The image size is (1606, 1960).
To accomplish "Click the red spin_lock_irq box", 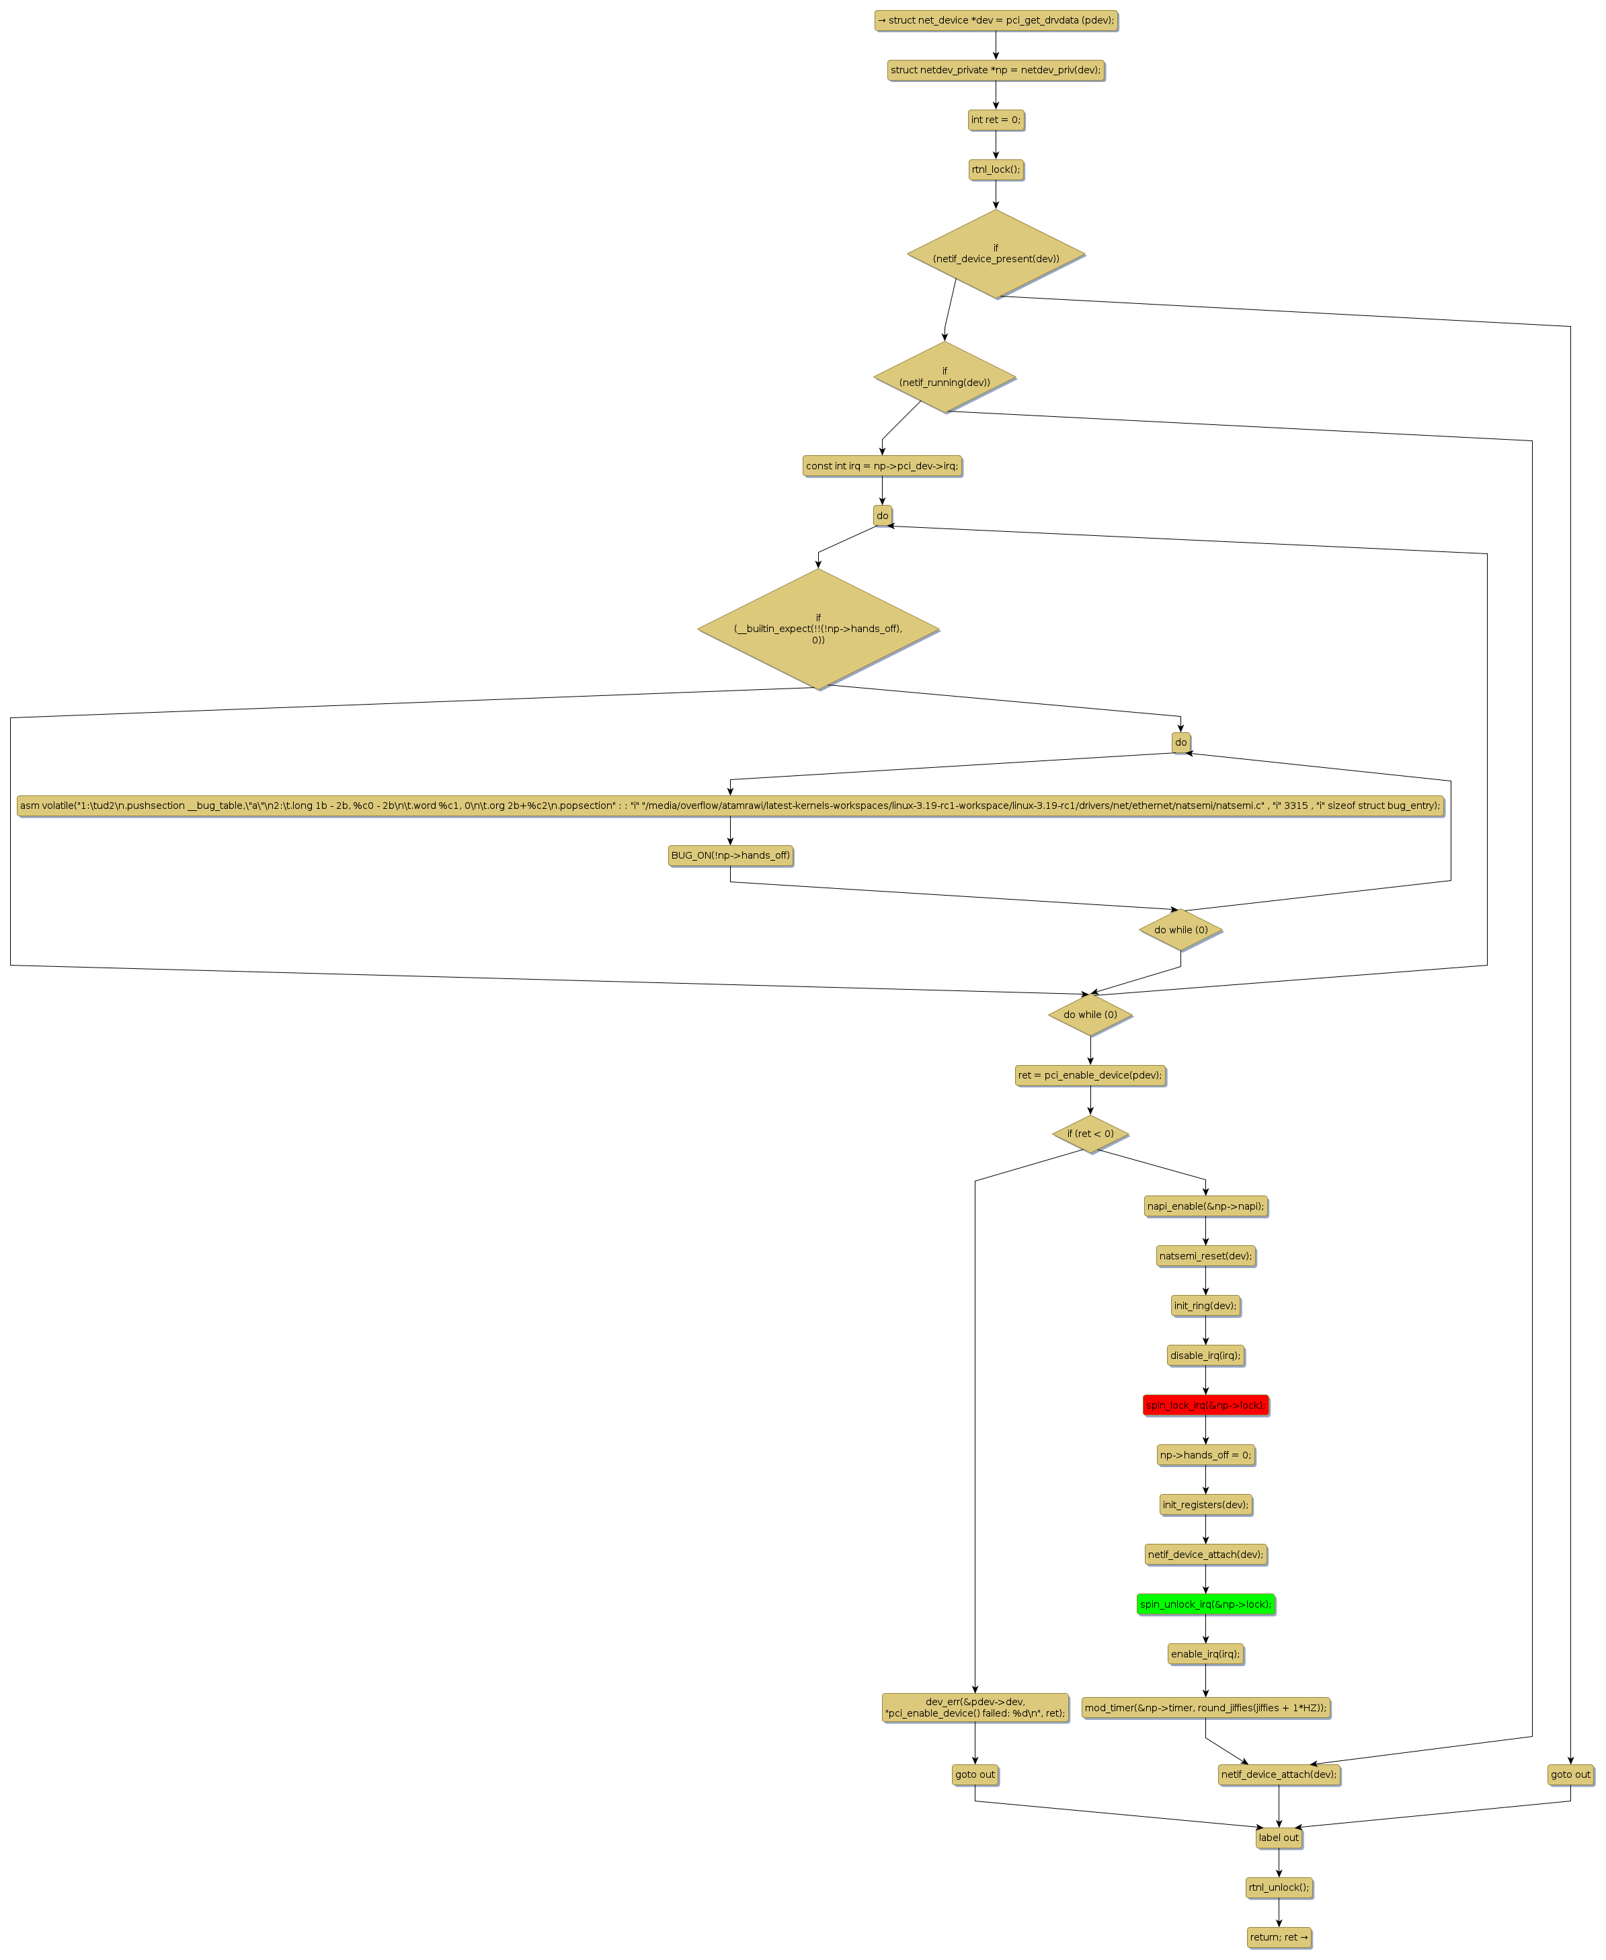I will pos(1205,1405).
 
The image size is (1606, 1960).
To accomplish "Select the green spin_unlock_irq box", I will pos(1205,1604).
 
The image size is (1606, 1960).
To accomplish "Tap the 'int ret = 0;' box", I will pos(996,120).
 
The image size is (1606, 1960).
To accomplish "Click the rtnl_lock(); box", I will pos(996,169).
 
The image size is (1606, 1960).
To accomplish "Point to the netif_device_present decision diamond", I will pos(996,253).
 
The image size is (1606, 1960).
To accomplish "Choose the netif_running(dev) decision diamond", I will pos(944,377).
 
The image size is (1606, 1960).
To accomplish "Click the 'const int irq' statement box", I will pos(881,465).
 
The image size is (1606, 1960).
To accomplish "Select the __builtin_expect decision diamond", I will pos(818,629).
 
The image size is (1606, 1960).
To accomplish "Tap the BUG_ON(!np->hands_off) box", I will pos(730,855).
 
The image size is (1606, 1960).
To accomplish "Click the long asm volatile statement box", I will pos(730,805).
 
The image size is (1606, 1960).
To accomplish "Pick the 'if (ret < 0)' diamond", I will pos(1090,1134).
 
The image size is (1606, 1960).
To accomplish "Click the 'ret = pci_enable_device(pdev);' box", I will pos(1090,1074).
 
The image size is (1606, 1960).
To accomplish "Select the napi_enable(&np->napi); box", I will pos(1205,1206).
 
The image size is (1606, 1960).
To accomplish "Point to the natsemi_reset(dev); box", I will pos(1205,1256).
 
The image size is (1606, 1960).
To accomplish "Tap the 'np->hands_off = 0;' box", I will pos(1205,1455).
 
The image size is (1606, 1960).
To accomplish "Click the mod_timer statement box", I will pos(1205,1707).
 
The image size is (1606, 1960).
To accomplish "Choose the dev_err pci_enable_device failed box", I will pos(974,1707).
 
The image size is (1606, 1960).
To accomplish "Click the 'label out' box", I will pos(1279,1838).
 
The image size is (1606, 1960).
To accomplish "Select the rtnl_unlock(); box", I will pos(1279,1887).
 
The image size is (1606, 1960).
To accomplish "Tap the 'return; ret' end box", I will pos(1279,1937).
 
